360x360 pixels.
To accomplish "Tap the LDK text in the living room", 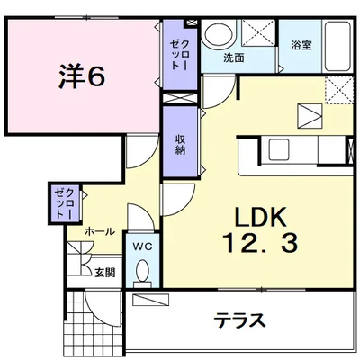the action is pyautogui.click(x=260, y=217).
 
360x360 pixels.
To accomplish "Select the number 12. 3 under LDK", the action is pyautogui.click(x=261, y=243).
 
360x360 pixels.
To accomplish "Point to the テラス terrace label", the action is pyautogui.click(x=239, y=319).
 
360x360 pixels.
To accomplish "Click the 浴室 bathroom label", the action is pyautogui.click(x=301, y=45).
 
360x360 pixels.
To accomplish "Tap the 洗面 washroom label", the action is pyautogui.click(x=233, y=58).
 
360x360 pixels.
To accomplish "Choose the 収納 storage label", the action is pyautogui.click(x=180, y=145).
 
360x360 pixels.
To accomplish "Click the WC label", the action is pyautogui.click(x=143, y=247).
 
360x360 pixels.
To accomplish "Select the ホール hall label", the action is pyautogui.click(x=100, y=231).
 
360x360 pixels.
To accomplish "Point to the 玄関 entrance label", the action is pyautogui.click(x=105, y=273).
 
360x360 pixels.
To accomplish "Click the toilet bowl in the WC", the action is pyautogui.click(x=142, y=271).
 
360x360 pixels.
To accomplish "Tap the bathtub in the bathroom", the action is pyautogui.click(x=337, y=46).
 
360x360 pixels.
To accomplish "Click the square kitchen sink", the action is pyautogui.click(x=279, y=149).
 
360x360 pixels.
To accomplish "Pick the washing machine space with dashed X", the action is pyautogui.click(x=258, y=33).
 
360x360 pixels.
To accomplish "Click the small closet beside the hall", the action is pyautogui.click(x=65, y=203).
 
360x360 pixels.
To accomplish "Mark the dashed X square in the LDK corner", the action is pyautogui.click(x=339, y=90).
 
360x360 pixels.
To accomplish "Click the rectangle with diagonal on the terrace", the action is pyautogui.click(x=150, y=300).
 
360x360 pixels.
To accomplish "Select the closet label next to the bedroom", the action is pyautogui.click(x=180, y=55).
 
